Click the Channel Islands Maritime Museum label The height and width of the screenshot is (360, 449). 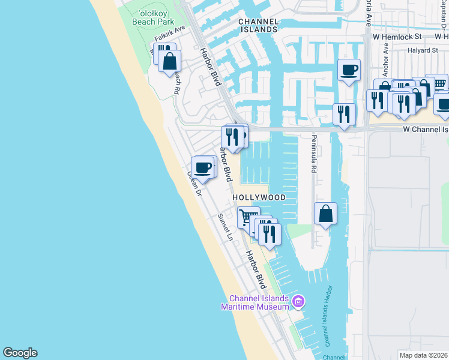coord(259,303)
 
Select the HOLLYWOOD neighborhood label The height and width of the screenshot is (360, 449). coord(259,197)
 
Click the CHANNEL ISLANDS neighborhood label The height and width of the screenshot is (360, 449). coord(259,25)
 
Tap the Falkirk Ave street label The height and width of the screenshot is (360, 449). coord(170,37)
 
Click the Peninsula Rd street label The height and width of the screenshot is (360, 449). coord(313,153)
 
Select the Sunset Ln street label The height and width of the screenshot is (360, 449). coord(225,227)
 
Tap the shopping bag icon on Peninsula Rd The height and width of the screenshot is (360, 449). coord(325,214)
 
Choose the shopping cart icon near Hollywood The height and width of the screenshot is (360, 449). coord(248,217)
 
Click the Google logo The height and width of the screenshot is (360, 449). coord(20,353)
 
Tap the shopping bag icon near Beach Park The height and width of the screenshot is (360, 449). coord(170,61)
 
